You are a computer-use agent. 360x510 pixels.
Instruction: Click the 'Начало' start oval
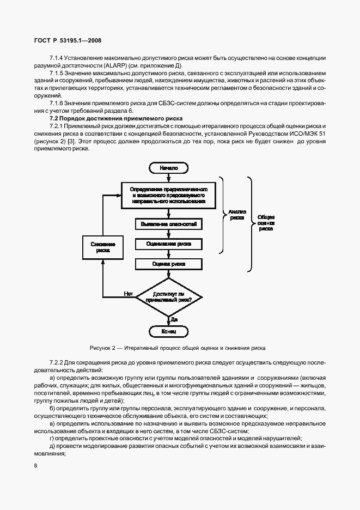pyautogui.click(x=169, y=168)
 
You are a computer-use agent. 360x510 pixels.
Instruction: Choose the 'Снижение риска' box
pyautogui.click(x=103, y=247)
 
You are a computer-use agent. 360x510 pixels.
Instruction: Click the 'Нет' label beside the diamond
pyautogui.click(x=129, y=294)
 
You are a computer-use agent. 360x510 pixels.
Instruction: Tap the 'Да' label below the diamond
pyautogui.click(x=174, y=318)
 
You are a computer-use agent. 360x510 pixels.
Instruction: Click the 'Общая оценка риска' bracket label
pyautogui.click(x=266, y=223)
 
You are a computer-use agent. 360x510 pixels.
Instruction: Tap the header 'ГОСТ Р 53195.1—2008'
pyautogui.click(x=67, y=40)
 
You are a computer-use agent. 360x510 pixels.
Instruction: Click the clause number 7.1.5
pyautogui.click(x=57, y=72)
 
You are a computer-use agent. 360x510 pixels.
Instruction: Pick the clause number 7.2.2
pyautogui.click(x=57, y=362)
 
